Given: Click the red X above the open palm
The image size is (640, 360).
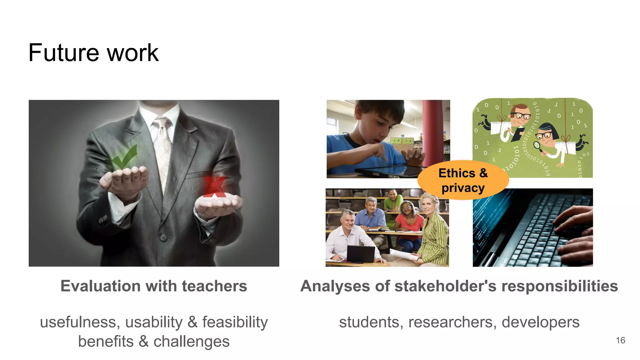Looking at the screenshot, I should click(214, 186).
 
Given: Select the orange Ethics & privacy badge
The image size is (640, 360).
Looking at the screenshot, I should click(463, 180).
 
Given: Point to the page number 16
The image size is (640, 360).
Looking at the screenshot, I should click(620, 340).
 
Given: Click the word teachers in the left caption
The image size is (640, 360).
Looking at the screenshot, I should click(214, 286).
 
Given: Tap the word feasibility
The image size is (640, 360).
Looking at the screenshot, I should click(235, 322).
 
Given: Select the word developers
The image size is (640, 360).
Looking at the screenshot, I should click(540, 322).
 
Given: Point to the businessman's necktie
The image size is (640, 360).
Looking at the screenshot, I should click(162, 147).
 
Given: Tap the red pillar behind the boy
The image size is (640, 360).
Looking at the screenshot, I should click(432, 131).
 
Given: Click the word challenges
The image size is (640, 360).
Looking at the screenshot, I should click(191, 341).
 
